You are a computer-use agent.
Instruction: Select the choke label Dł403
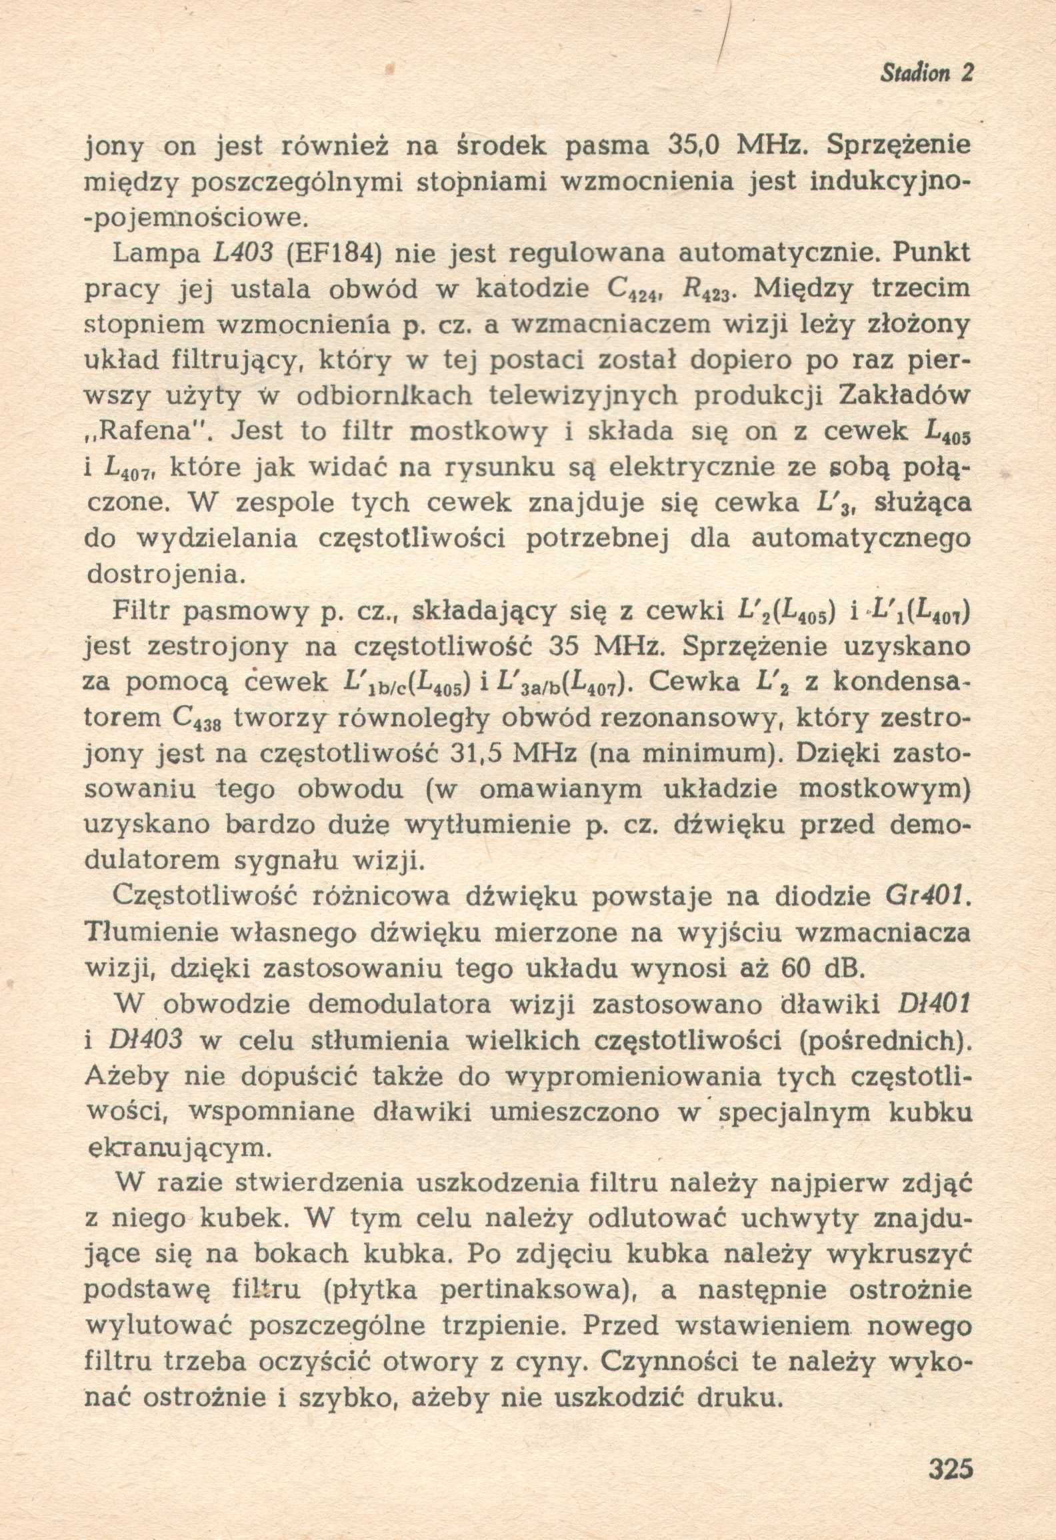144,1041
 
